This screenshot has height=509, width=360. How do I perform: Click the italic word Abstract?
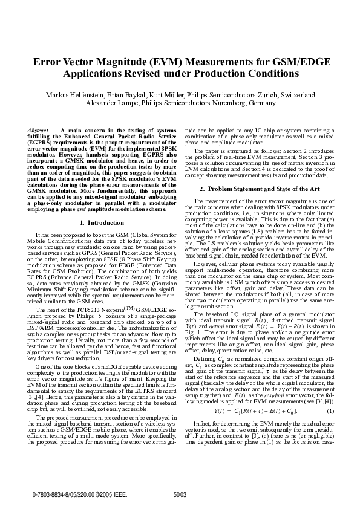(x=39, y=131)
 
